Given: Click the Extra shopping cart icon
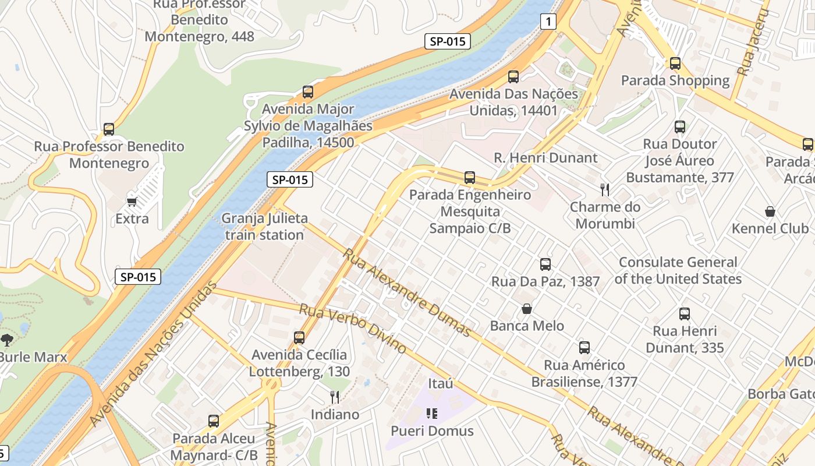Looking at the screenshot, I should [132, 202].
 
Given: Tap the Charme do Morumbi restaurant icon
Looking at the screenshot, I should [605, 189].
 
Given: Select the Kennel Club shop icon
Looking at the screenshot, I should [770, 211].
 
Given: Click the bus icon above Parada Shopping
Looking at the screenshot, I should [675, 63].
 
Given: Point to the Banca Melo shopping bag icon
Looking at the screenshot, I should [527, 308].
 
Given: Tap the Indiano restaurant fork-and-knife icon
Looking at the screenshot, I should [335, 397].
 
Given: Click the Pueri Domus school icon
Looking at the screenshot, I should [431, 414].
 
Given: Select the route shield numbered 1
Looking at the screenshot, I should [548, 22].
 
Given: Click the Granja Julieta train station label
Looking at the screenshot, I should [265, 227].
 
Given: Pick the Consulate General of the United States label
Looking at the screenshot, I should [678, 270].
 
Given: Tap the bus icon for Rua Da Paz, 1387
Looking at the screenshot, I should [545, 264].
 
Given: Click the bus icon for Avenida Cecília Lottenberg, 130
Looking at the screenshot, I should [299, 337].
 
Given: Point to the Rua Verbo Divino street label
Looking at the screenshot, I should [353, 328].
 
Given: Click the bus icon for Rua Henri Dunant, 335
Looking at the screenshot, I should [685, 314].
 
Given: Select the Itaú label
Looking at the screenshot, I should [440, 383].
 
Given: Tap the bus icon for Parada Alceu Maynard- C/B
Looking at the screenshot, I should [214, 421].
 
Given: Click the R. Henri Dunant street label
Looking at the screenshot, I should [545, 157].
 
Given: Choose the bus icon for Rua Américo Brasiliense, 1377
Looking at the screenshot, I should [584, 348].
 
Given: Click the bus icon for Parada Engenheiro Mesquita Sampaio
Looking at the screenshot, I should [470, 177].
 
